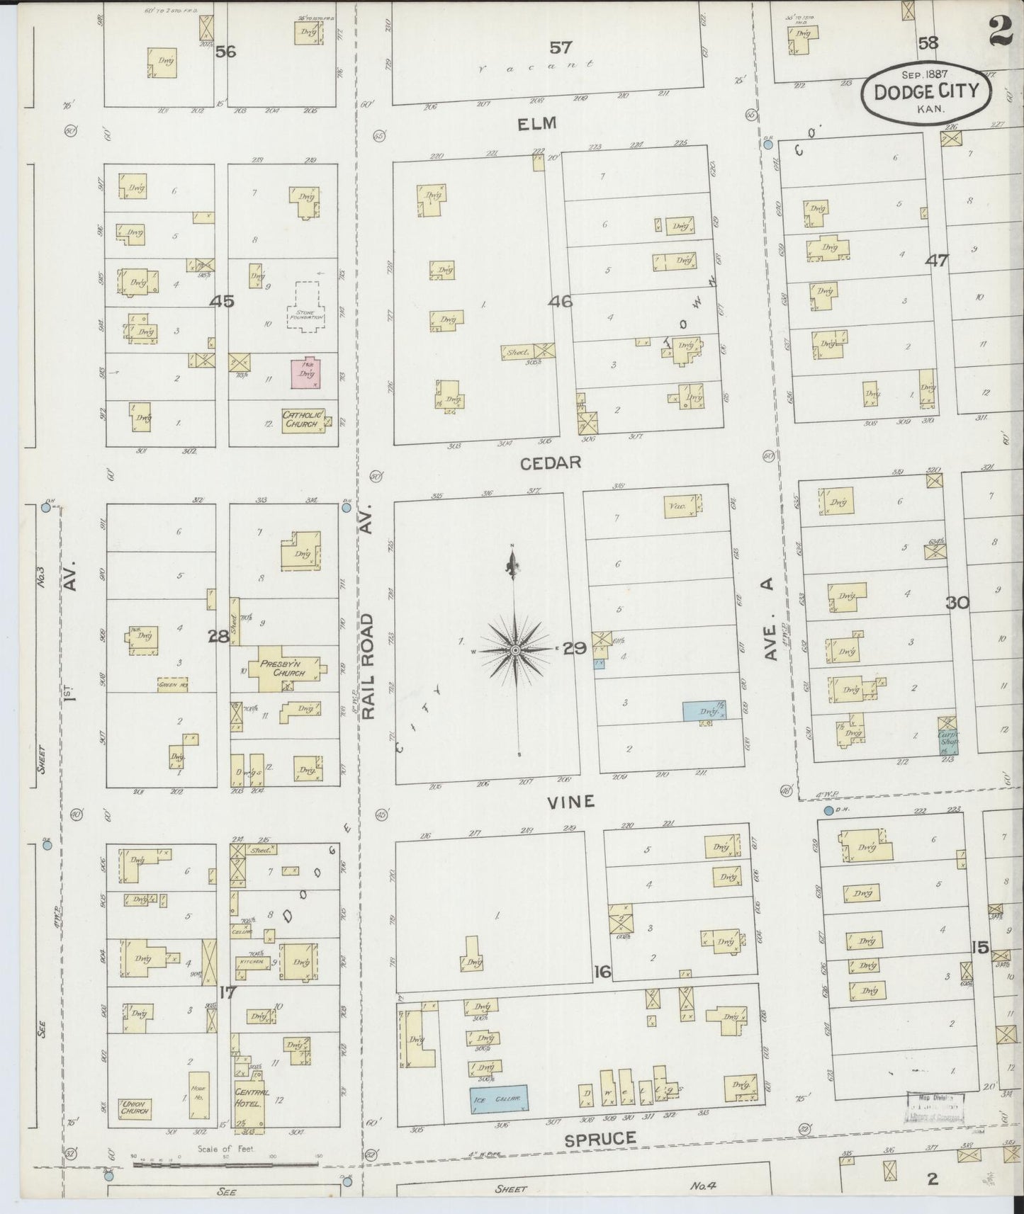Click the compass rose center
pos(516,649)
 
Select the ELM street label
pos(537,124)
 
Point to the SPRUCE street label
pos(600,1139)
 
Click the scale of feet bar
pos(225,1163)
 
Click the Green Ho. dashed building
pos(172,686)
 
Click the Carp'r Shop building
pos(947,737)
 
